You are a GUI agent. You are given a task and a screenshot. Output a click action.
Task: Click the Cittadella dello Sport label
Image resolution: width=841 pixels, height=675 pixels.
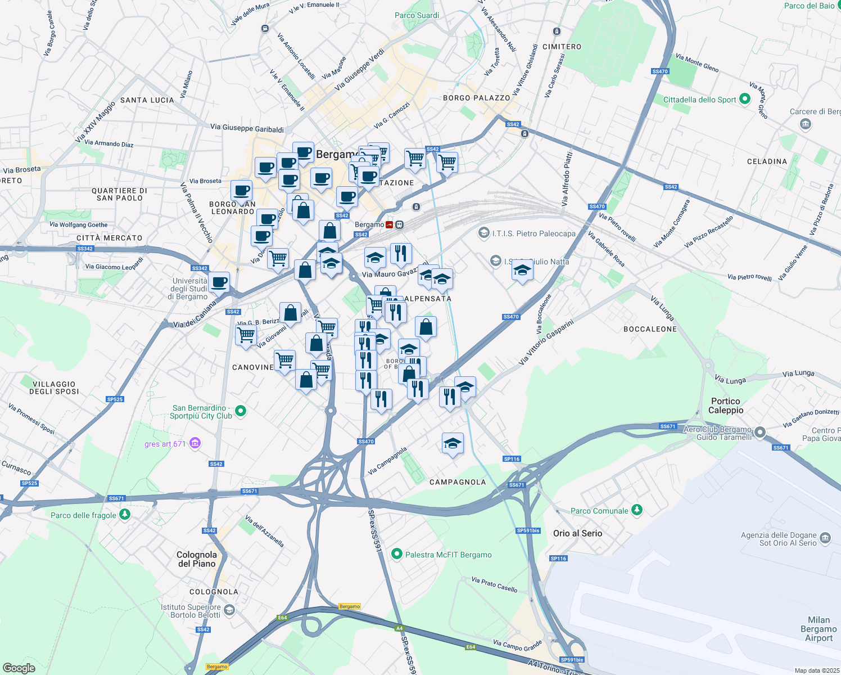tap(699, 100)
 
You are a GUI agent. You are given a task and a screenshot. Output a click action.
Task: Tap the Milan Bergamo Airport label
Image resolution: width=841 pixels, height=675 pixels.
tap(819, 628)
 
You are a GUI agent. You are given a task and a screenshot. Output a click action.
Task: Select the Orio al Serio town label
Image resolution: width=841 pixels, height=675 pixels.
tap(577, 533)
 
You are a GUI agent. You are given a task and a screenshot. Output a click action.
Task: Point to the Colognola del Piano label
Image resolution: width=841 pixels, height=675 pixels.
tap(197, 559)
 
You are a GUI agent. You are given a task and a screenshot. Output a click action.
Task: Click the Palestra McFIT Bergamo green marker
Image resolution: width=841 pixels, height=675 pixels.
tap(397, 554)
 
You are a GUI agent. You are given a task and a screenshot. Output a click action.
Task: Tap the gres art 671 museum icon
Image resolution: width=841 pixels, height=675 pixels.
tap(195, 443)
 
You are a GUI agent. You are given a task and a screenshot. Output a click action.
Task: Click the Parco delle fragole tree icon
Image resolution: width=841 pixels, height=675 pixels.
tap(125, 514)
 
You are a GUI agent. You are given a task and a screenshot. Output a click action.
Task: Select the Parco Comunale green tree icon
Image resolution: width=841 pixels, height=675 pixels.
tap(636, 510)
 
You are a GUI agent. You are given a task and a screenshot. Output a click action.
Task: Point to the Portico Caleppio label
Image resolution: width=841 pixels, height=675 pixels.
tap(726, 406)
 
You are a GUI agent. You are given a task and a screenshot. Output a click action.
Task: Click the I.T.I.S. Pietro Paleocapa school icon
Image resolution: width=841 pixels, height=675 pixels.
tap(483, 232)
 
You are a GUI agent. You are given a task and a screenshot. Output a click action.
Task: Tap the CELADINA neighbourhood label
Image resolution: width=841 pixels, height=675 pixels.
tap(767, 161)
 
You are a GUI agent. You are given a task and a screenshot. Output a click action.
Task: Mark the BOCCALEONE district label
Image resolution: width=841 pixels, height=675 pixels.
tap(650, 329)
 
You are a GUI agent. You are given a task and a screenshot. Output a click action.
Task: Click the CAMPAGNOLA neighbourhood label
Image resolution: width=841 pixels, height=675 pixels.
tap(458, 482)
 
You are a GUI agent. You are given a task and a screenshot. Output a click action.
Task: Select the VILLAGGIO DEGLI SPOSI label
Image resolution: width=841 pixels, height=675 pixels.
tap(54, 388)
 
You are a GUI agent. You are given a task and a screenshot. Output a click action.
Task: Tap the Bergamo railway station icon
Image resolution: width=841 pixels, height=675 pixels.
tap(390, 224)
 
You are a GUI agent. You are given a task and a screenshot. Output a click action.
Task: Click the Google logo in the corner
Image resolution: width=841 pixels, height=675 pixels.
tap(19, 668)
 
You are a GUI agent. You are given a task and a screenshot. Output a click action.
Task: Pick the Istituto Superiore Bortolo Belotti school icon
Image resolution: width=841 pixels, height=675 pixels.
tap(229, 610)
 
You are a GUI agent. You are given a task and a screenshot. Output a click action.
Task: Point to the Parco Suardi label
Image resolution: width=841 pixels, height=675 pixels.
tap(417, 15)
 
